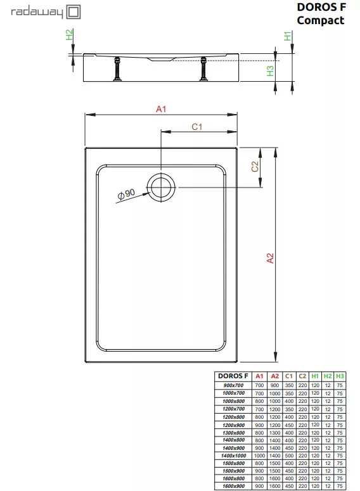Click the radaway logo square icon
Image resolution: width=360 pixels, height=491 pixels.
[x=73, y=12]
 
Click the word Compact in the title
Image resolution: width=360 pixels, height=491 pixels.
[x=321, y=20]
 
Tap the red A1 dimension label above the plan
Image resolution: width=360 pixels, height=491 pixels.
[x=161, y=109]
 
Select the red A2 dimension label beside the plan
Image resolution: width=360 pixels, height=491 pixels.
[x=270, y=258]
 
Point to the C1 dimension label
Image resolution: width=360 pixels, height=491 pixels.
[x=196, y=127]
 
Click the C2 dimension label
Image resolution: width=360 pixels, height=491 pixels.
[x=255, y=166]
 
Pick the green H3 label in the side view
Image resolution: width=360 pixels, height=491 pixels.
[x=270, y=71]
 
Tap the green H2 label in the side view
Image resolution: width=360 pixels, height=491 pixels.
[x=69, y=34]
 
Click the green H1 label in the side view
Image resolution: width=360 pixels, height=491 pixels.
[x=288, y=36]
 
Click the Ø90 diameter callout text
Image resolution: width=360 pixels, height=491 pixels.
[x=126, y=194]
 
